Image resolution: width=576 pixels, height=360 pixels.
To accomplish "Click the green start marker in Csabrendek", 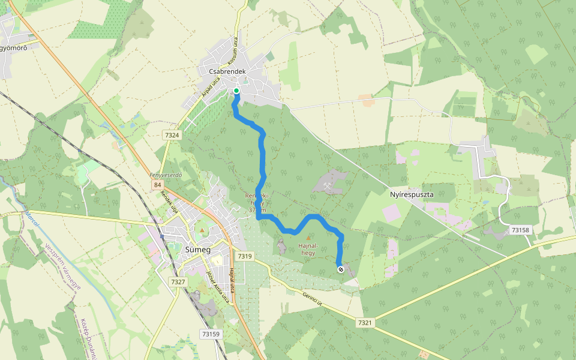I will [x=236, y=91].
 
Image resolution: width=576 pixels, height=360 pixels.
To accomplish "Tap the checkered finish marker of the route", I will [x=340, y=269].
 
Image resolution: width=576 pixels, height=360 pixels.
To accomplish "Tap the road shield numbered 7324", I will [x=172, y=136].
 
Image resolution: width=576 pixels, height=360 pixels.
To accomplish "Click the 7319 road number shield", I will [x=245, y=256].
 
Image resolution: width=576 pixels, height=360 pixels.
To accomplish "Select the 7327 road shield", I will [x=178, y=281].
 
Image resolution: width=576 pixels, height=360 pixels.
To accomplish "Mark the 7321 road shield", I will [x=365, y=323].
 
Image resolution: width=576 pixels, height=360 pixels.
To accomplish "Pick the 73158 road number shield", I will [x=521, y=230].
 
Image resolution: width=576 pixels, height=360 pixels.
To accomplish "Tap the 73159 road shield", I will [x=210, y=334].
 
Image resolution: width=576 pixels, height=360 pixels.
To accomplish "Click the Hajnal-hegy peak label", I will [x=307, y=249].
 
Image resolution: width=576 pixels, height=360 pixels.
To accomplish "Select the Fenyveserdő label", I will [x=166, y=175].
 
